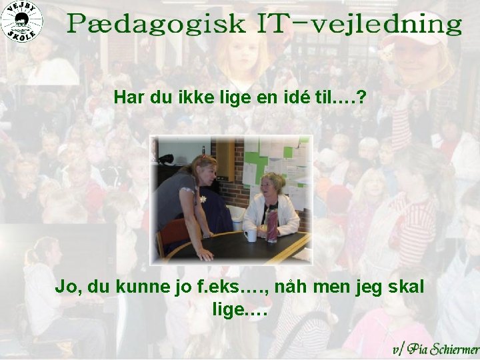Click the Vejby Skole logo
pyautogui.click(x=21, y=21)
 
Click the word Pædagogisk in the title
pyautogui.click(x=157, y=25)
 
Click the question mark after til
pyautogui.click(x=361, y=98)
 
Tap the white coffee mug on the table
pyautogui.click(x=251, y=235)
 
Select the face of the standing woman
pyautogui.click(x=205, y=171)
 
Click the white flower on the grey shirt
pyautogui.click(x=203, y=199)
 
